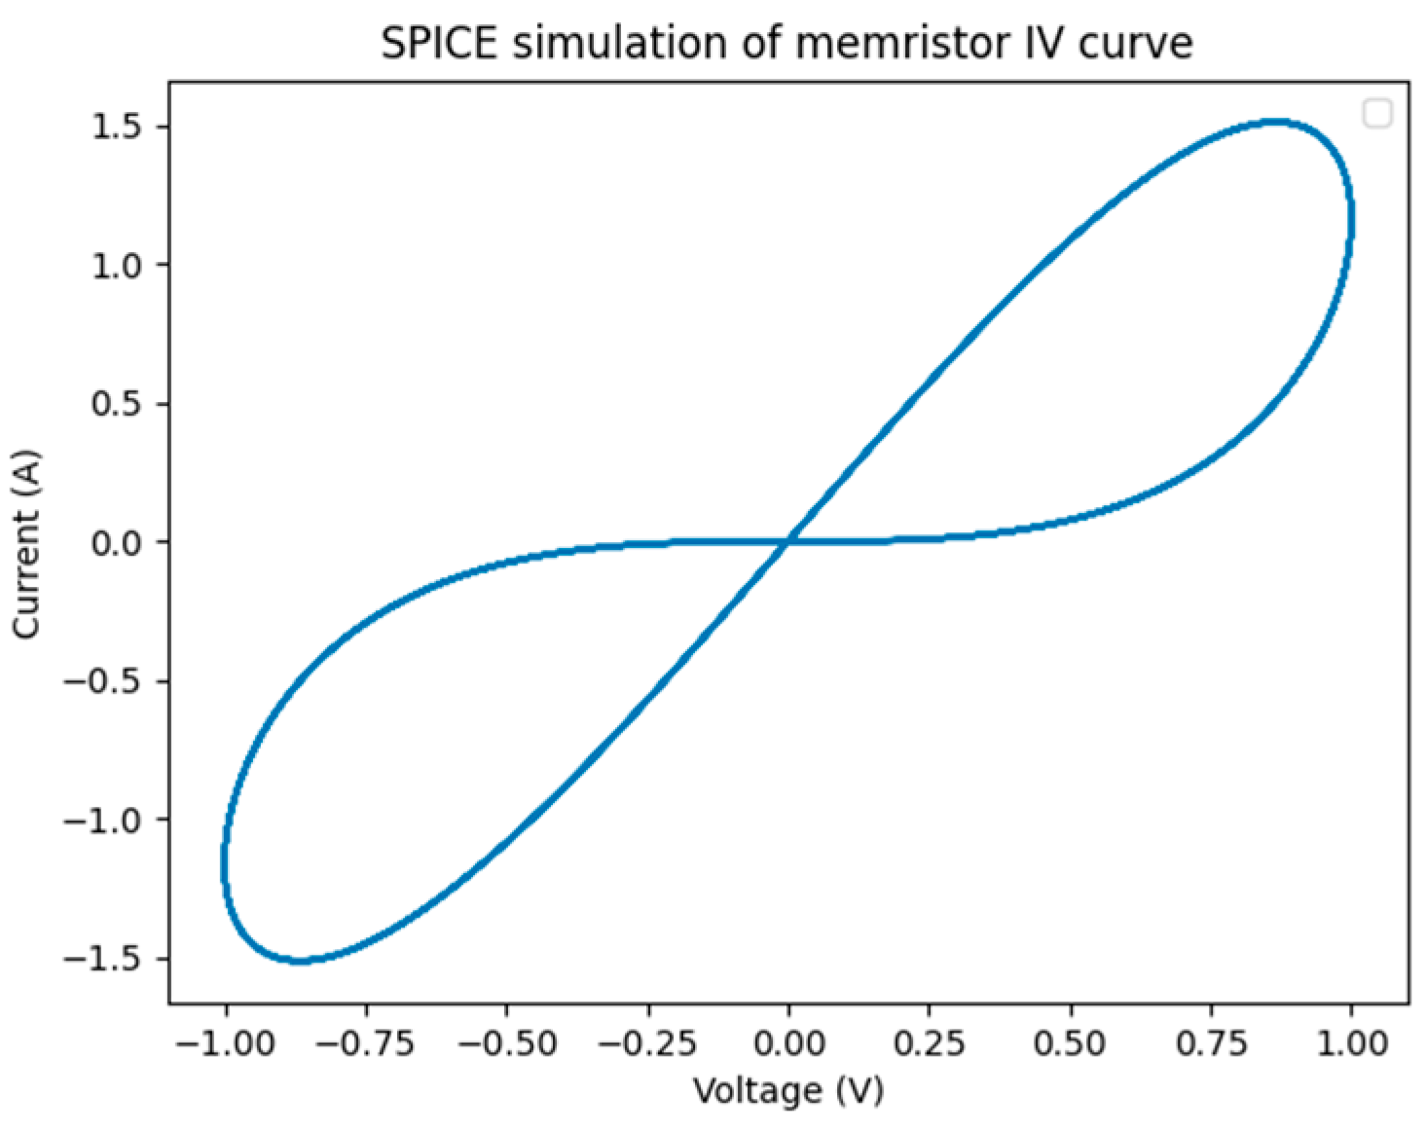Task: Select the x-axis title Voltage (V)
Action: [788, 1091]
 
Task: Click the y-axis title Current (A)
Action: [27, 543]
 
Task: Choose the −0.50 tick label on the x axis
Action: [507, 1043]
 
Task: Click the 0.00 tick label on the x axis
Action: [788, 1043]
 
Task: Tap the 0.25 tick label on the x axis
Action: [929, 1043]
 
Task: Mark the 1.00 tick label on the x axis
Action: [1350, 1043]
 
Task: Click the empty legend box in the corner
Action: [1377, 114]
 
